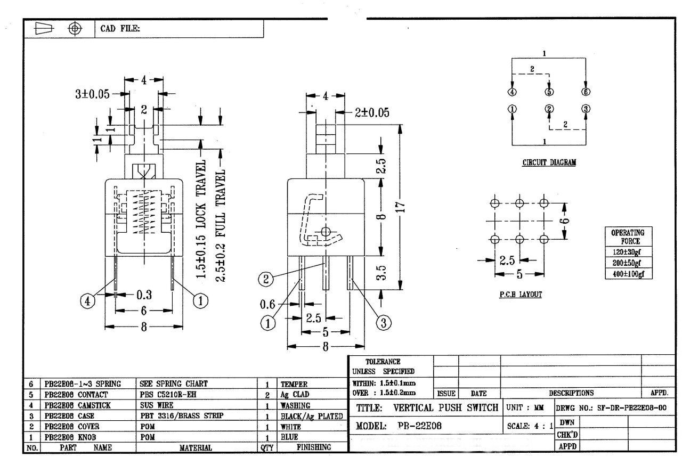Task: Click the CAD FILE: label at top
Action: click(120, 28)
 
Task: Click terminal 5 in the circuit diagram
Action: click(548, 92)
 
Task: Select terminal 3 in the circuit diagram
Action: click(586, 109)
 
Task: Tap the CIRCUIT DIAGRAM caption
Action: click(549, 163)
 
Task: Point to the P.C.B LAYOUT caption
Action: click(521, 295)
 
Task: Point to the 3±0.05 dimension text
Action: click(92, 94)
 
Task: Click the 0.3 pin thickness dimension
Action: click(143, 295)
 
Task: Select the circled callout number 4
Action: click(88, 301)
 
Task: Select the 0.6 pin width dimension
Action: click(267, 304)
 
